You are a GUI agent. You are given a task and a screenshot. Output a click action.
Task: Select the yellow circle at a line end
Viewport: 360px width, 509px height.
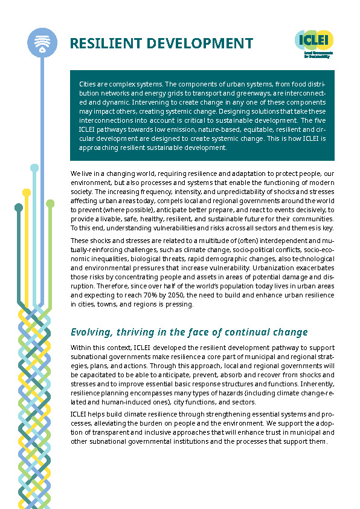[27, 192]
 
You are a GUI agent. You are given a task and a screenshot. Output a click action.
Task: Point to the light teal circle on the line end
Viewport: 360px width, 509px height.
[34, 167]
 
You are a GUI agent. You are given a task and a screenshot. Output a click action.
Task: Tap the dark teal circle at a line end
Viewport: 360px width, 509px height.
[19, 207]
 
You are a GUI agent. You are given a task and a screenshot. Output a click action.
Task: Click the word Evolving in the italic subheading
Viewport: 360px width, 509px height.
[92, 332]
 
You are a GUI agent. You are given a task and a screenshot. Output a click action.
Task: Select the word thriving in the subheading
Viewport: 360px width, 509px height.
[142, 332]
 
